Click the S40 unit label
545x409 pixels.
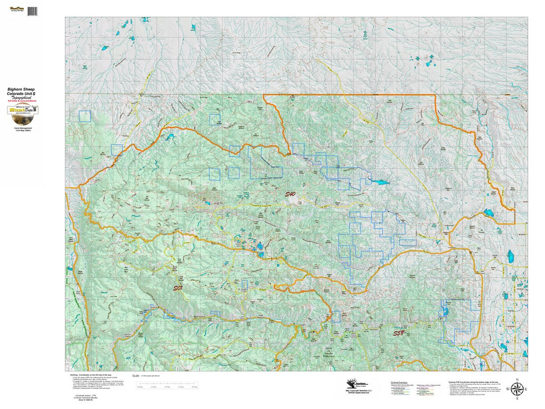[x=290, y=194]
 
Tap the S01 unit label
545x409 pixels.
[x=178, y=288]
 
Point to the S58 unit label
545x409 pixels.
[x=398, y=333]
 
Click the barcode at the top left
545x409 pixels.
[x=32, y=10]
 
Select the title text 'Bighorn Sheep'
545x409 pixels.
[x=21, y=90]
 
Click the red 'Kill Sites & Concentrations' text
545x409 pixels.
[x=21, y=100]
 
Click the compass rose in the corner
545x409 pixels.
[x=516, y=389]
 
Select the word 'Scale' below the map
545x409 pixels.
[x=136, y=376]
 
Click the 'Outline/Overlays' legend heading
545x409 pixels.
[x=400, y=382]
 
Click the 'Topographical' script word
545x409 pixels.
[x=21, y=97]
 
